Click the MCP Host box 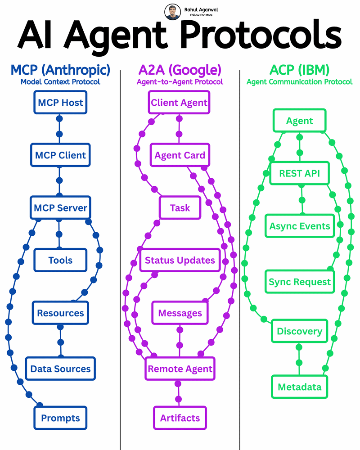click(x=60, y=103)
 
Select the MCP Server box click(x=60, y=208)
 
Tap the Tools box click(x=60, y=260)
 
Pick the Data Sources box click(x=60, y=369)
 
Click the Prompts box click(x=60, y=418)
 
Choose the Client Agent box click(x=179, y=103)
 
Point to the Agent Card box click(x=180, y=155)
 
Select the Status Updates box click(x=180, y=261)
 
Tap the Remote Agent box click(x=180, y=369)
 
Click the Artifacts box click(x=180, y=418)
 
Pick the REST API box click(x=300, y=173)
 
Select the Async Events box click(x=300, y=226)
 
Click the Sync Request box click(x=300, y=282)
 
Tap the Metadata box click(x=300, y=387)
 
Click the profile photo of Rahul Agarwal click(x=172, y=12)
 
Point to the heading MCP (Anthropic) click(x=60, y=70)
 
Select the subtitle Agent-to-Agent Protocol click(x=180, y=82)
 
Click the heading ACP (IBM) click(x=299, y=70)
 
